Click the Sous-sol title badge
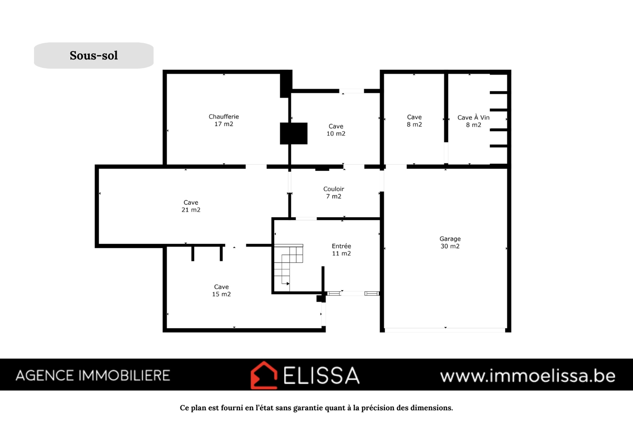(x=94, y=55)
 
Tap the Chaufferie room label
(x=224, y=117)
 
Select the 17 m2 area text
(x=224, y=124)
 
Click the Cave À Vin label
(x=473, y=117)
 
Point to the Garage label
(x=450, y=239)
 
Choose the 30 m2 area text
(x=450, y=246)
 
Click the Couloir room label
(x=334, y=189)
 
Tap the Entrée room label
(x=341, y=246)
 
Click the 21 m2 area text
(x=191, y=210)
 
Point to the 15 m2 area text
(x=221, y=294)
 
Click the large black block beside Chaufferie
(x=293, y=133)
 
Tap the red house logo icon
(x=264, y=375)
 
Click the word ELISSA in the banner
(x=322, y=375)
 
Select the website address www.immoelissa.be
(x=527, y=376)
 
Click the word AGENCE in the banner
(x=45, y=375)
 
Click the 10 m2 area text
(x=336, y=134)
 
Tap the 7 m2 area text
(x=334, y=196)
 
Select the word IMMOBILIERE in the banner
(x=124, y=375)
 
